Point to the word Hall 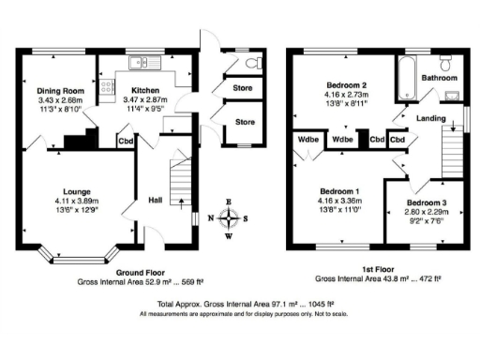156,199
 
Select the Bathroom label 439,77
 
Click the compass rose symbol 230,219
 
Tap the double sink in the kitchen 147,65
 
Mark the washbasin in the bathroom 454,96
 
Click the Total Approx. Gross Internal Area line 240,305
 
